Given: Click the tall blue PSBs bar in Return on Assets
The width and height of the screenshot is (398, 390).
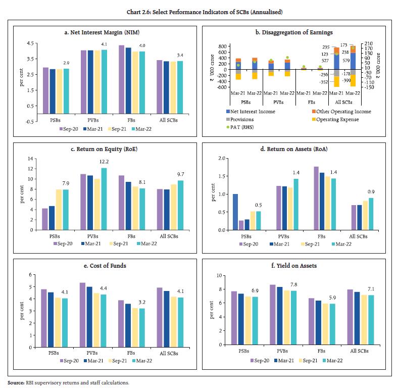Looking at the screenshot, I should coord(235,212).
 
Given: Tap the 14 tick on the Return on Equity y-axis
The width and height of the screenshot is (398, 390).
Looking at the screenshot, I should coord(29,159).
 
